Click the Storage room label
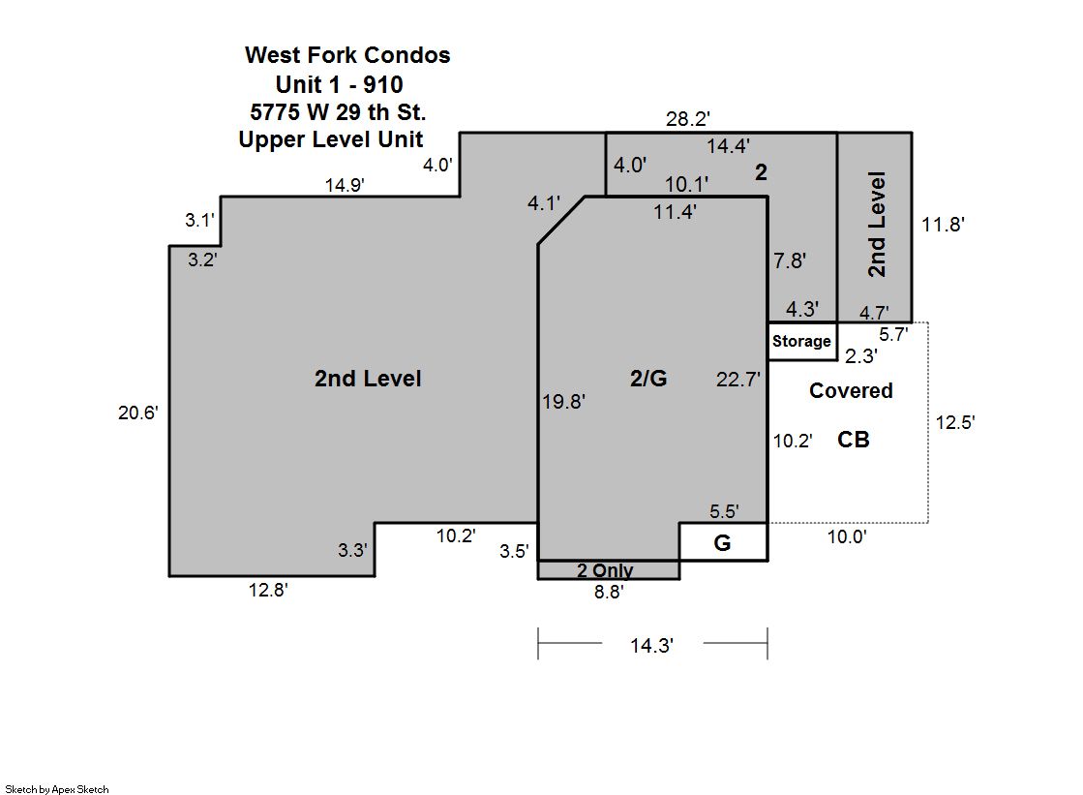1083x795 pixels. (x=801, y=342)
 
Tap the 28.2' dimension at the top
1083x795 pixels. (x=688, y=119)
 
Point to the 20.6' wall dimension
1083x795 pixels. (x=138, y=413)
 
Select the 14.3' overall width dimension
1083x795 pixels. (x=651, y=646)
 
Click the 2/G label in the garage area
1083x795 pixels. (x=648, y=379)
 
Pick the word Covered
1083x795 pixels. (x=851, y=390)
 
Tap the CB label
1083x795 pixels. (x=853, y=440)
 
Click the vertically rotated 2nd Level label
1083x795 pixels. (x=877, y=225)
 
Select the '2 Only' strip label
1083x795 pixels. (x=605, y=570)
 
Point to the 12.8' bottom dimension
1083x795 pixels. (x=268, y=590)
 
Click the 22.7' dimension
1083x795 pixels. (x=737, y=380)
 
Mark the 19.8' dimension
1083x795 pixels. (x=563, y=402)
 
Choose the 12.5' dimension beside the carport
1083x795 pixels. (x=955, y=422)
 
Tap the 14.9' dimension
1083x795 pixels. (x=345, y=185)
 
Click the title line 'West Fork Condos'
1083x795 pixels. (x=347, y=55)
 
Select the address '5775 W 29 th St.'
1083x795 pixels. (x=338, y=112)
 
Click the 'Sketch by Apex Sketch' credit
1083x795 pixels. (x=57, y=789)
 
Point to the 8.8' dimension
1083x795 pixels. (x=609, y=592)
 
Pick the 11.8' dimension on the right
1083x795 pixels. (x=943, y=225)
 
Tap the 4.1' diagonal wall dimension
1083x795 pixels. (x=544, y=203)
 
